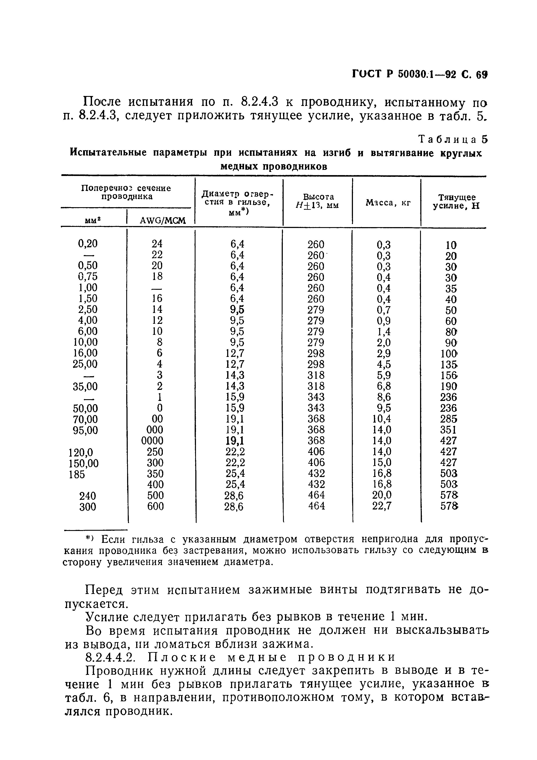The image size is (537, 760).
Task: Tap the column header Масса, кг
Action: point(388,203)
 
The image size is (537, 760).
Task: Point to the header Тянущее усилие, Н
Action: point(457,202)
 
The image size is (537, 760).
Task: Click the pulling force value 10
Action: point(451,245)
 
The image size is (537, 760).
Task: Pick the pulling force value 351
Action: point(448,430)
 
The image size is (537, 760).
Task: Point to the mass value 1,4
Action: point(384,331)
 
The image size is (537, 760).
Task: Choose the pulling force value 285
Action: point(449,419)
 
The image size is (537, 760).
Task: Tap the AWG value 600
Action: point(155,506)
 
